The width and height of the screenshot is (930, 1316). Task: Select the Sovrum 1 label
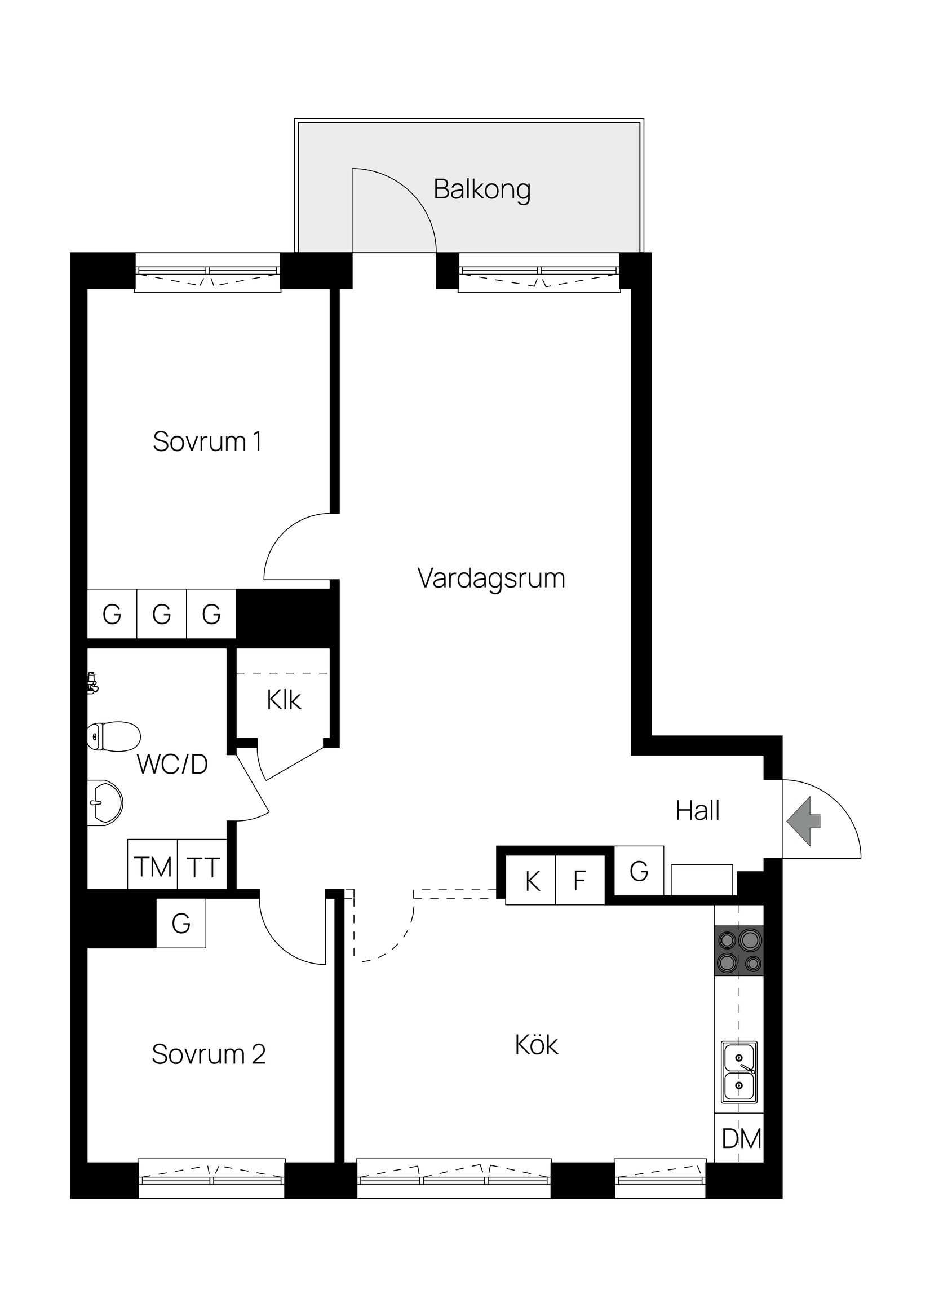[x=207, y=441]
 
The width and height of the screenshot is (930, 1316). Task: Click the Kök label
[x=537, y=1045]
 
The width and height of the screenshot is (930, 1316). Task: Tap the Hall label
[x=697, y=811]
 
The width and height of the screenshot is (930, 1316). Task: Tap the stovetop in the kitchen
[x=738, y=951]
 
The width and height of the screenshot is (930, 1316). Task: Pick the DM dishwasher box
[x=739, y=1139]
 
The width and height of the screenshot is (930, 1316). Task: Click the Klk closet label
[x=284, y=700]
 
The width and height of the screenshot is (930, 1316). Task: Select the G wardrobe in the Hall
[x=639, y=871]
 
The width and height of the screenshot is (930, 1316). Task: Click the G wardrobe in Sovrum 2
[x=181, y=924]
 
